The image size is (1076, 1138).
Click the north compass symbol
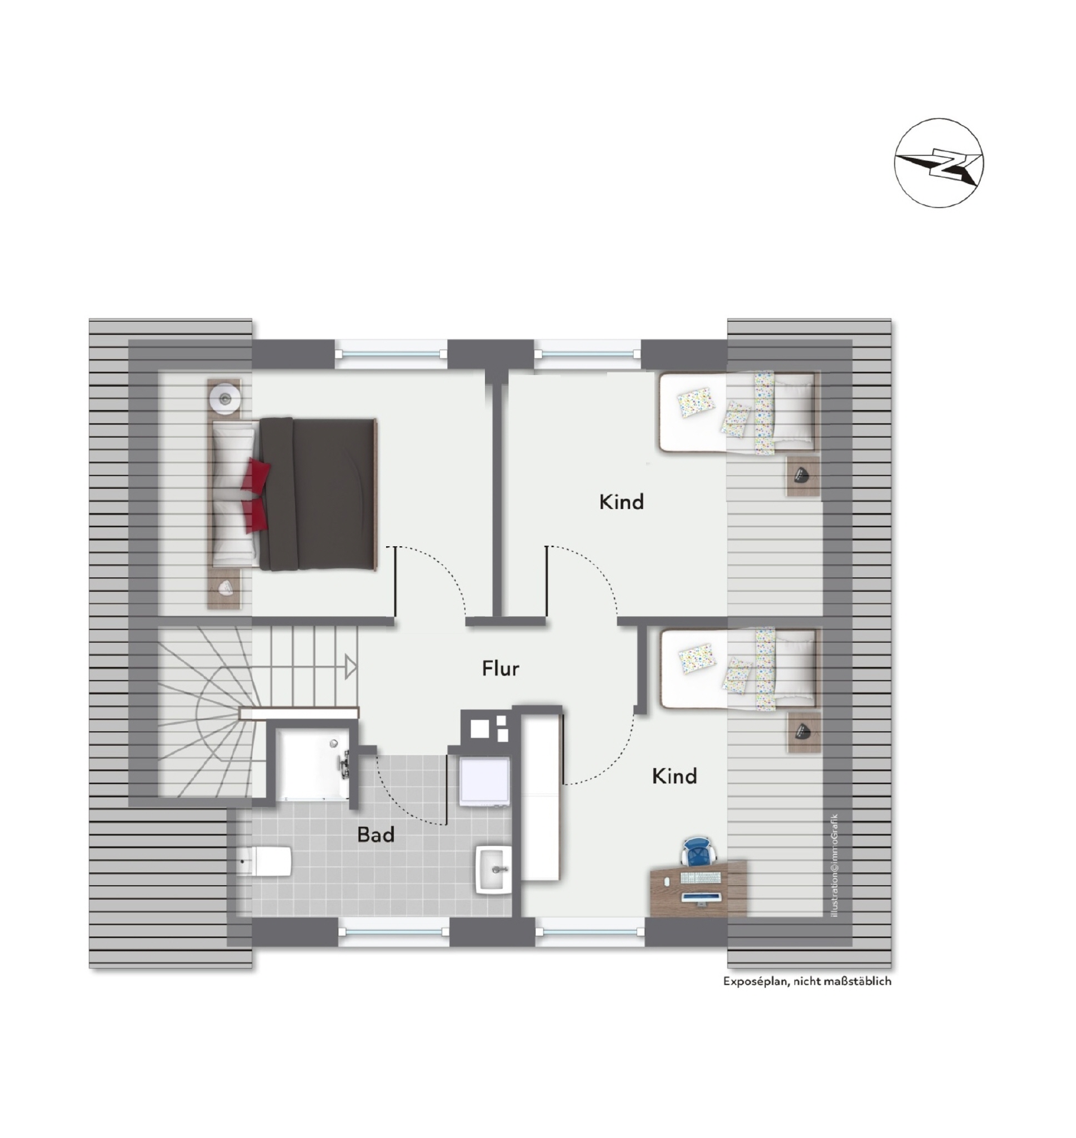[938, 163]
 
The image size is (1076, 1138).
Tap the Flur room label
[500, 669]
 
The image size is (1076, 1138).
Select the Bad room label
[376, 835]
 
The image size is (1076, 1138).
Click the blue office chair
[699, 851]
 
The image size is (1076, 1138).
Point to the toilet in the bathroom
[266, 861]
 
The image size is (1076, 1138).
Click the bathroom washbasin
[493, 870]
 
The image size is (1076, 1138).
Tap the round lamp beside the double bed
[224, 397]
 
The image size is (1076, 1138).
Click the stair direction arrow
[351, 667]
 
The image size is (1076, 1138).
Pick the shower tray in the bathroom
[313, 764]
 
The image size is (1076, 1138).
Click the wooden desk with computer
[698, 889]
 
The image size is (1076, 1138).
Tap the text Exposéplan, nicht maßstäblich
[807, 981]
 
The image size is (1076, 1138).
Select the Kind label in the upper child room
[621, 502]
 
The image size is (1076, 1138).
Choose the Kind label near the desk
[674, 777]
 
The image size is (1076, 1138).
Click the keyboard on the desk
[700, 878]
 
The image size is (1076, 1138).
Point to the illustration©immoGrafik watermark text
[834, 866]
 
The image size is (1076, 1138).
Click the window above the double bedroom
[391, 354]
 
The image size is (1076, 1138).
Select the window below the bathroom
[393, 932]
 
